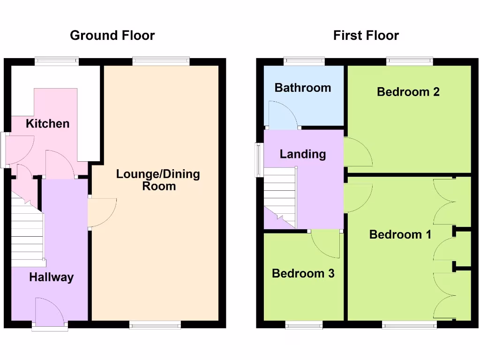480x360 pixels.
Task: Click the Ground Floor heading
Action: click(x=112, y=36)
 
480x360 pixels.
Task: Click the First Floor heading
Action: click(x=366, y=36)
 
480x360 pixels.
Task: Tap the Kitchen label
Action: click(x=47, y=124)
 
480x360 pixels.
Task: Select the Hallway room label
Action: click(x=51, y=277)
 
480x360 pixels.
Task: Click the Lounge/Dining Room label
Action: click(x=158, y=180)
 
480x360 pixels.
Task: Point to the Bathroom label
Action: click(x=303, y=88)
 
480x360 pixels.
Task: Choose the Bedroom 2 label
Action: click(x=408, y=91)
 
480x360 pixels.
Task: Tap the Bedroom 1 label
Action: click(x=400, y=234)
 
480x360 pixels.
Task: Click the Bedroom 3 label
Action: click(x=303, y=273)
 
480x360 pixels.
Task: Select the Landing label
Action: click(x=302, y=154)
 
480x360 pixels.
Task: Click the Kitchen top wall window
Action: click(x=57, y=60)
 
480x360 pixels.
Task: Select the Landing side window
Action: click(x=259, y=160)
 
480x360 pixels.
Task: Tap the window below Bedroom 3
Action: click(x=304, y=324)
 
